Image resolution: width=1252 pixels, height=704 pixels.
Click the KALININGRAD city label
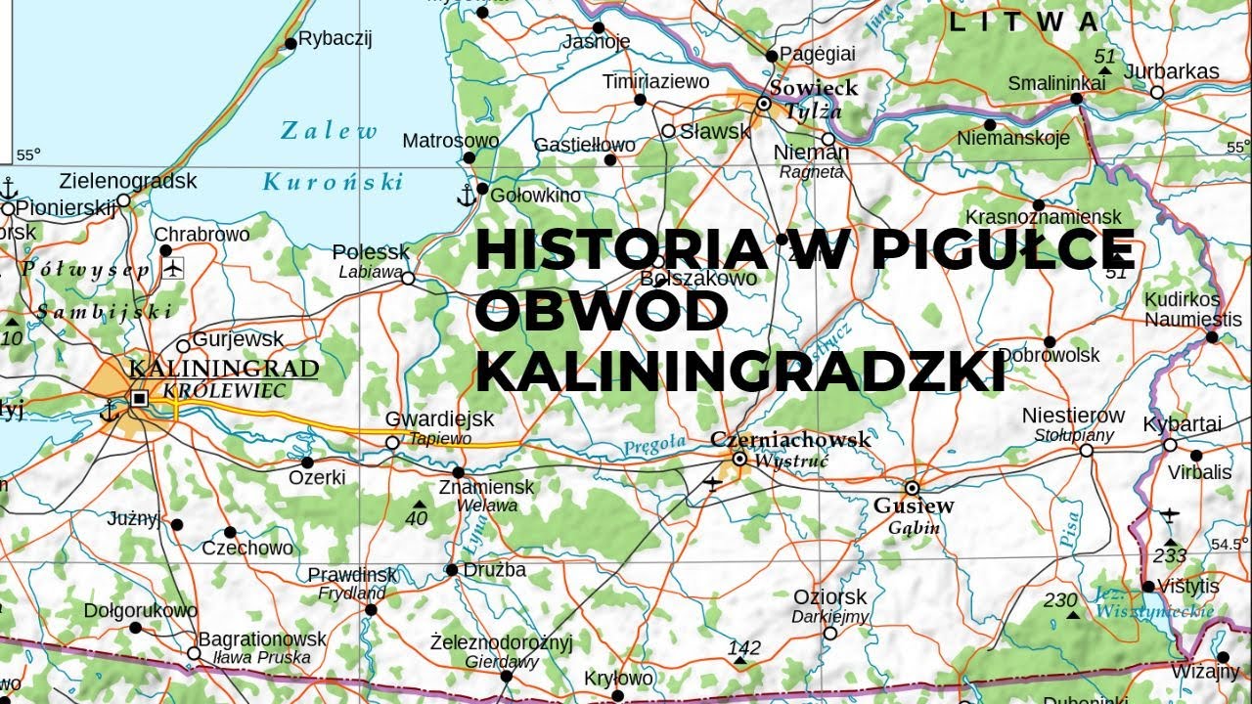223,369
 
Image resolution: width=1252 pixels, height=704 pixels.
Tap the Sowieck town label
813,88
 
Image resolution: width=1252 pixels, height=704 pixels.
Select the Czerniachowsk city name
790,440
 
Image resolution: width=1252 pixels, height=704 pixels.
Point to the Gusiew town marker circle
912,487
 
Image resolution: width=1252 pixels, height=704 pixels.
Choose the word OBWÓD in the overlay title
603,312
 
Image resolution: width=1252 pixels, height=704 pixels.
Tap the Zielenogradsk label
128,181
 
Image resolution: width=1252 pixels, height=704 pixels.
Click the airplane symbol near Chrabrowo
173,267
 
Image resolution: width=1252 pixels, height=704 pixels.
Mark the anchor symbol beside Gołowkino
466,196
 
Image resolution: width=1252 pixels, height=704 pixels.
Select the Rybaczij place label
335,39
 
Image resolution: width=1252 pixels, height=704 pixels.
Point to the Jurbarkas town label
1172,71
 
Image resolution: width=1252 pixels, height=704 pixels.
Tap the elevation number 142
744,647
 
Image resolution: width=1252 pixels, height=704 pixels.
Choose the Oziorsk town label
829,596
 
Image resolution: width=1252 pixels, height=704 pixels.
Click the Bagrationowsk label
263,638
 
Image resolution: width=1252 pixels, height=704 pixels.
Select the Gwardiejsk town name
439,418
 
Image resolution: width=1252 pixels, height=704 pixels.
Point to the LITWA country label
1025,22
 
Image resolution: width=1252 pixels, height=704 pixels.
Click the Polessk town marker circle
408,279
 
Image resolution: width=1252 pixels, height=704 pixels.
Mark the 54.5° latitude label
1230,544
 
